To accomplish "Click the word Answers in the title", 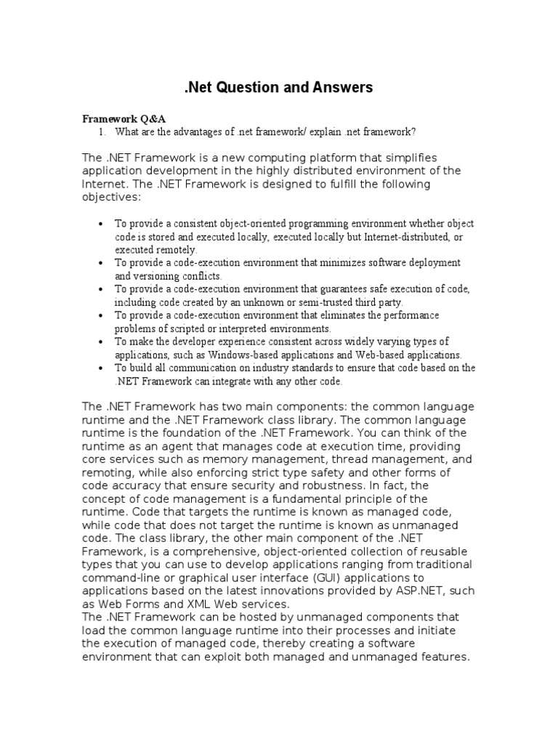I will coord(342,87).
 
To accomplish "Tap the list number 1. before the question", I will coord(102,132).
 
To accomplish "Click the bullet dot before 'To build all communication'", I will coord(100,368).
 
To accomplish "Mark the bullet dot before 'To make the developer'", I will coord(100,342).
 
